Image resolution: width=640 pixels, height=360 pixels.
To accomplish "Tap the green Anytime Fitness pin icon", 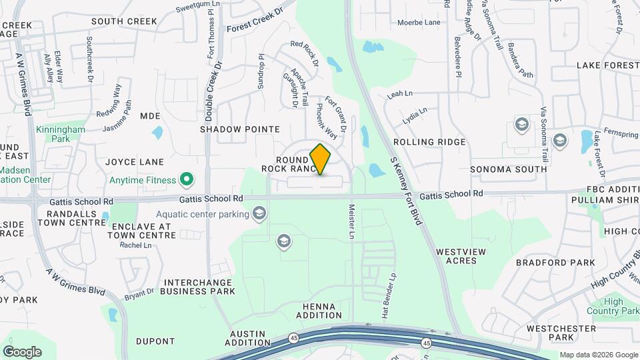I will pos(187,179).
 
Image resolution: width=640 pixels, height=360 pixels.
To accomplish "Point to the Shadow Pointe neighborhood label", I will pos(240,129).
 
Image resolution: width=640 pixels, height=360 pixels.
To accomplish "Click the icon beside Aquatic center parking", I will pos(259,213).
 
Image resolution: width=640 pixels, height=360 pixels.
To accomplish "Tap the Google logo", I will pos(22,351).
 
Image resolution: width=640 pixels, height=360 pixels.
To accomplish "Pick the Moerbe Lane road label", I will pos(419,22).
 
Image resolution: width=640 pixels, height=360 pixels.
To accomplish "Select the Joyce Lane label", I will pos(135,162).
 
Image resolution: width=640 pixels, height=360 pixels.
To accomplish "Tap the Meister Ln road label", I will pos(351,223).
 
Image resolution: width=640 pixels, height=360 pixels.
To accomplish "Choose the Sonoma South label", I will pos(509,169).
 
